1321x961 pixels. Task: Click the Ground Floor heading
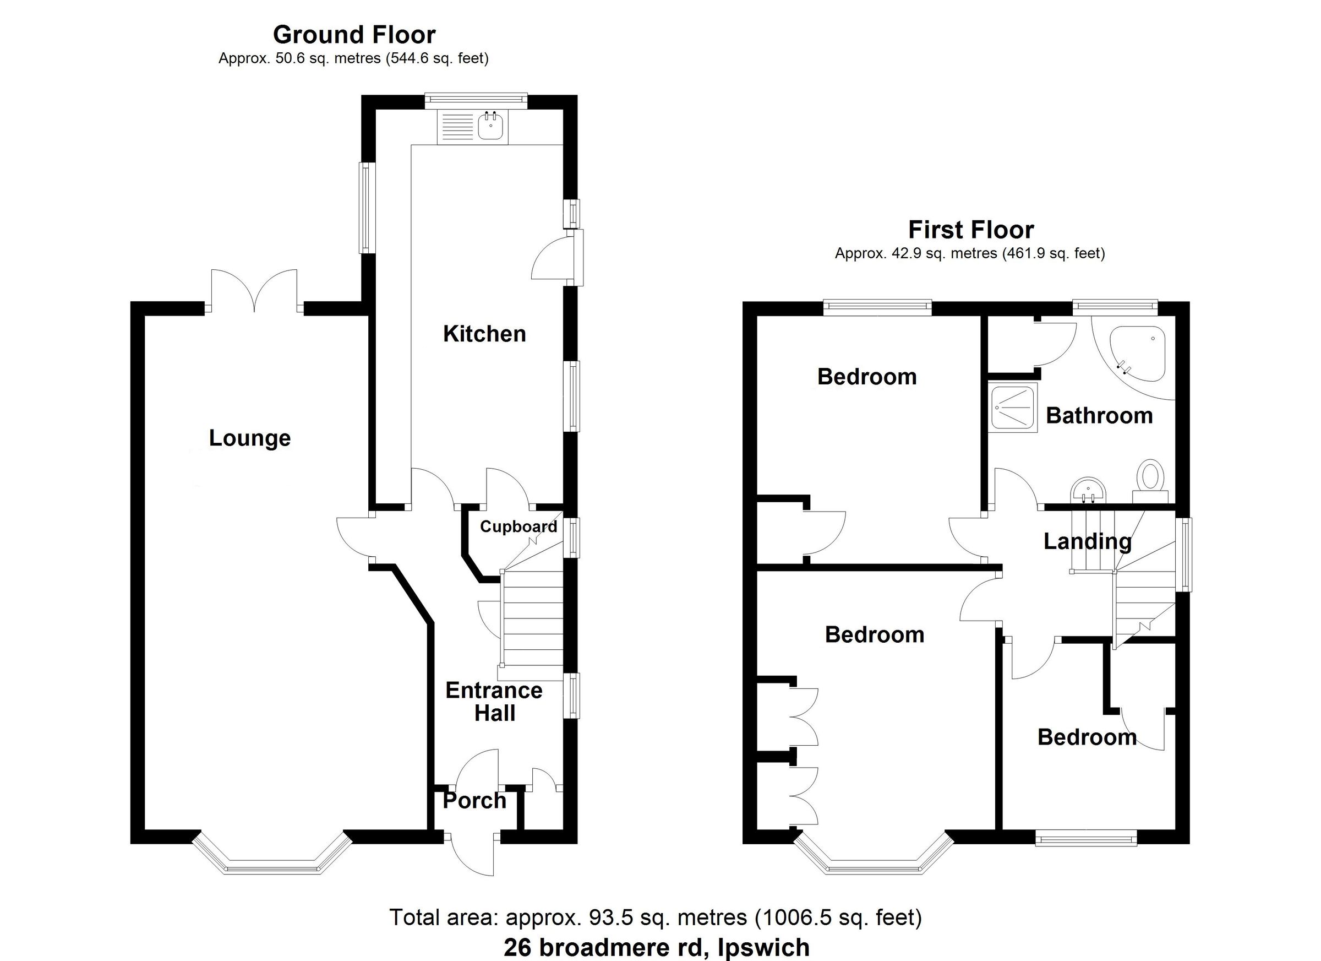(354, 35)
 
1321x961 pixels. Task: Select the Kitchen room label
(484, 334)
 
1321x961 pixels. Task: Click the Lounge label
(250, 438)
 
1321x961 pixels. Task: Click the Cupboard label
(518, 527)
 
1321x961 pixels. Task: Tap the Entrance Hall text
(494, 702)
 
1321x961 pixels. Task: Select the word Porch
(474, 800)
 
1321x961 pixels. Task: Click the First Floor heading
(971, 230)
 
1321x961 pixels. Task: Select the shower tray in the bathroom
(1014, 408)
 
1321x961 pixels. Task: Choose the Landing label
(1087, 541)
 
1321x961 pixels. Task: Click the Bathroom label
(1099, 416)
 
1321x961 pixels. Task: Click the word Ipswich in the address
(763, 948)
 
